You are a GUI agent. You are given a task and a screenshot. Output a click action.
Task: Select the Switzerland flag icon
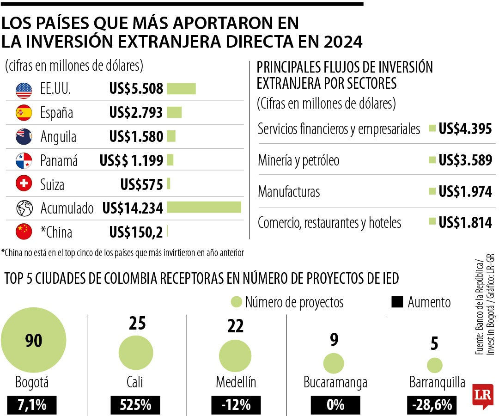(x=24, y=184)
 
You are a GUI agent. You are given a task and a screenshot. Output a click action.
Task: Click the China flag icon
(x=24, y=231)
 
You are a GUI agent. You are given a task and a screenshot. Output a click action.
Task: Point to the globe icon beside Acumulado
(x=24, y=208)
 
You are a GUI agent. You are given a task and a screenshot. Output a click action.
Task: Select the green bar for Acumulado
(x=204, y=208)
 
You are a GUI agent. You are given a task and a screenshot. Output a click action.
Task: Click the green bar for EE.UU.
(x=181, y=89)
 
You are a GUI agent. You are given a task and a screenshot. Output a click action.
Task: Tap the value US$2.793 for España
(x=136, y=113)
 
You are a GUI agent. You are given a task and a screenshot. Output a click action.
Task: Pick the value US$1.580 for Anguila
(x=136, y=137)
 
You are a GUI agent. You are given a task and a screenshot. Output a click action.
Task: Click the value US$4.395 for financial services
(x=465, y=129)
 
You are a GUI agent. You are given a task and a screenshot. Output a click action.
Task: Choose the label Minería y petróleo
(x=298, y=161)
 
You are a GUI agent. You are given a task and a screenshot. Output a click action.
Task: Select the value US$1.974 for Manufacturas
(x=465, y=191)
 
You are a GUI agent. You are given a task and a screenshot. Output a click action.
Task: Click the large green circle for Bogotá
(x=34, y=341)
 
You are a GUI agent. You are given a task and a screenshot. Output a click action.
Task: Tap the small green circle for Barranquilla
(x=435, y=365)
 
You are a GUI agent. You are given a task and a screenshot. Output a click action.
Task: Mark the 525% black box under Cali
(x=135, y=405)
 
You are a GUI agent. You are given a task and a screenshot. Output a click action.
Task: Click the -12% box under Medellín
(x=236, y=405)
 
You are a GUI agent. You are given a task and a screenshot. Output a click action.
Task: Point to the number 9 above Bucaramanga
(x=334, y=340)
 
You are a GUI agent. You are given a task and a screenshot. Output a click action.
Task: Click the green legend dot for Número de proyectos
(x=237, y=302)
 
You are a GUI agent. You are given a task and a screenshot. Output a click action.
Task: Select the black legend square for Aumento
(x=397, y=302)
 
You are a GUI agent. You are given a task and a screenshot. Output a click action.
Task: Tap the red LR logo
(x=483, y=395)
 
